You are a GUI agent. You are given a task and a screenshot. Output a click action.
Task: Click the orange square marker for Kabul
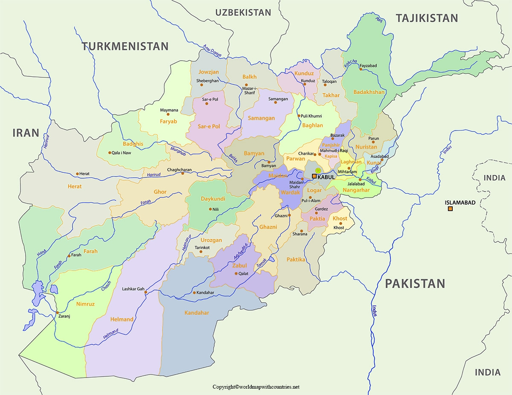tap(314, 176)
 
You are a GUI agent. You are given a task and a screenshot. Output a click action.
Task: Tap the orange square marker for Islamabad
tap(450, 209)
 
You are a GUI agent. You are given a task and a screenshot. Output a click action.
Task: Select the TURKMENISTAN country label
tap(125, 46)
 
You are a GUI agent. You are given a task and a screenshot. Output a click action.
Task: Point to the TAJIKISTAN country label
tap(427, 18)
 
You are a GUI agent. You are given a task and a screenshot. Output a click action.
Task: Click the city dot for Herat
tap(77, 174)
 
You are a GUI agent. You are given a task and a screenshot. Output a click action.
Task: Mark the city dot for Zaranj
tap(58, 313)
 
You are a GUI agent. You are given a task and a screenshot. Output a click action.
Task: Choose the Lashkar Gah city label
tap(133, 289)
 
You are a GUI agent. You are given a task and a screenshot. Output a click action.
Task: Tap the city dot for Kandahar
tap(195, 293)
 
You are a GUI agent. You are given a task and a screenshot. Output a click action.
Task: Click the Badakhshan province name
tap(369, 92)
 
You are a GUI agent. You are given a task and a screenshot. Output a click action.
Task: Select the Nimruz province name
tap(85, 304)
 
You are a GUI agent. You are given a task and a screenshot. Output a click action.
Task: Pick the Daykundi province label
tap(213, 199)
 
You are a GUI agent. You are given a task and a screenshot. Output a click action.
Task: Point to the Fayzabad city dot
tap(361, 69)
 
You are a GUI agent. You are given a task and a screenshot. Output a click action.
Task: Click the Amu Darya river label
tap(212, 51)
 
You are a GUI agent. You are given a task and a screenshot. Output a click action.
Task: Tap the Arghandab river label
tap(241, 252)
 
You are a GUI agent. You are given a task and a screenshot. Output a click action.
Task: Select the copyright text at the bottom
tap(256, 387)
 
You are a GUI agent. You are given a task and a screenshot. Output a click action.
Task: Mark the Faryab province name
tap(168, 121)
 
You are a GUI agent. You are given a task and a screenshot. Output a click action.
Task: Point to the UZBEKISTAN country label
tap(243, 12)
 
